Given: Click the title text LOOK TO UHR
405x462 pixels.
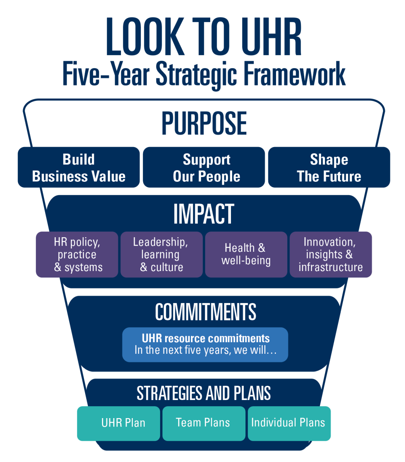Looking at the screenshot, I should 204,38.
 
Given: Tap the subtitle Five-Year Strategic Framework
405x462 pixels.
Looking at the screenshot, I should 204,74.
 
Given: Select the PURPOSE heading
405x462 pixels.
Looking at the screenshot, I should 204,124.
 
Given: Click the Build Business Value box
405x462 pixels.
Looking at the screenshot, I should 79,167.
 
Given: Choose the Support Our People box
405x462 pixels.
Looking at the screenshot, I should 204,167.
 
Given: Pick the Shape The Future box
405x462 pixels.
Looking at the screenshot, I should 329,167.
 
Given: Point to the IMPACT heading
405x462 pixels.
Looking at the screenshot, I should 204,214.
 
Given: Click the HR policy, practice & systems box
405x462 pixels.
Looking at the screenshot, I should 77,254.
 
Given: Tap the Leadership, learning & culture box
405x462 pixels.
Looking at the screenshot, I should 161,254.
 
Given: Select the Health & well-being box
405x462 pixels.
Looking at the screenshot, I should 246,254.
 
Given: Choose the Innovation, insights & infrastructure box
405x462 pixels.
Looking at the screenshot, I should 330,254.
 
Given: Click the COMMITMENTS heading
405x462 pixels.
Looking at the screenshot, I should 205,312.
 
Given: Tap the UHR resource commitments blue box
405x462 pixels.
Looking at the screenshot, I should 205,345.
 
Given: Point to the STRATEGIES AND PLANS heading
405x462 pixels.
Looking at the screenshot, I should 204,393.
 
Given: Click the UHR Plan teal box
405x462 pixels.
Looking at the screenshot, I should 119,423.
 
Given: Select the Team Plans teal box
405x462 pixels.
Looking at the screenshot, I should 204,423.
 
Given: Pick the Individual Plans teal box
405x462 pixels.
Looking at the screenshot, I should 289,423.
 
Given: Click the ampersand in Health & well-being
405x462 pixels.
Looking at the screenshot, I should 261,248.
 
